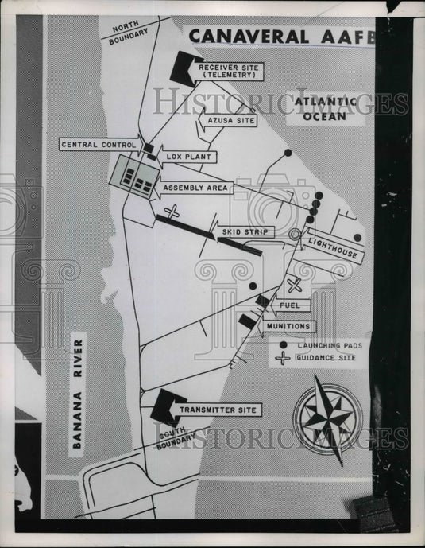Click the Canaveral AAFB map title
tap(282, 37)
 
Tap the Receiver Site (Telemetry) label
tap(229, 72)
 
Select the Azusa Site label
tap(231, 121)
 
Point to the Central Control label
tap(99, 145)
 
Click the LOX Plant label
tap(189, 157)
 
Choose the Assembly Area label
tap(195, 188)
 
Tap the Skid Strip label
tap(245, 231)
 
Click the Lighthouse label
tap(333, 248)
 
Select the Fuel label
tap(290, 305)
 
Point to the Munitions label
tap(288, 326)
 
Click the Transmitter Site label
tap(218, 410)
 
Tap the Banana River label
tap(77, 394)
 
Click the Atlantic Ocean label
tap(325, 109)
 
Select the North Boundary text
tap(128, 33)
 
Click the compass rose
tap(328, 418)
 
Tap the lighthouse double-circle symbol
tap(295, 234)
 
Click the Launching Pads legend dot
tap(284, 345)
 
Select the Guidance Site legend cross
tap(283, 358)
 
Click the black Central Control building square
tap(149, 148)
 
